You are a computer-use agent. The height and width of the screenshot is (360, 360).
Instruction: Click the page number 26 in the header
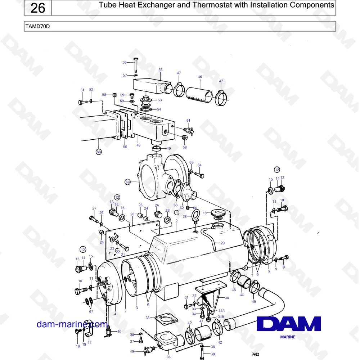[38, 8]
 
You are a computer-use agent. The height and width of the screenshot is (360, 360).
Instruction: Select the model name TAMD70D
[37, 26]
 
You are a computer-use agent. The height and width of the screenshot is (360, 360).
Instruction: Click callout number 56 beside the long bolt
[125, 62]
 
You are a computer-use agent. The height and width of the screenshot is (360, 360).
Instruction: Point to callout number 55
[161, 70]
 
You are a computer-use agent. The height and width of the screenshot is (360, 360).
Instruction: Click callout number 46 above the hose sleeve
[200, 77]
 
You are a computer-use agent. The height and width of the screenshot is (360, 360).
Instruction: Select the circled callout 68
[99, 152]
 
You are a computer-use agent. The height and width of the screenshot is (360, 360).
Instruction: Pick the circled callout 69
[128, 182]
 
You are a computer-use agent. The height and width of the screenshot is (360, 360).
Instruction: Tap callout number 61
[189, 120]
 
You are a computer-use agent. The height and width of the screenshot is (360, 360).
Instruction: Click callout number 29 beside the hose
[222, 243]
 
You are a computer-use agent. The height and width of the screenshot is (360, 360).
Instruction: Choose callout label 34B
[221, 316]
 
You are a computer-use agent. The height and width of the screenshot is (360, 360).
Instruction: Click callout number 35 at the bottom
[168, 357]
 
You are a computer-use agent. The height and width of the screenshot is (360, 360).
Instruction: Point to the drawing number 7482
[256, 354]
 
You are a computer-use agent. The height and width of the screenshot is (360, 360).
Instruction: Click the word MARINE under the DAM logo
[288, 337]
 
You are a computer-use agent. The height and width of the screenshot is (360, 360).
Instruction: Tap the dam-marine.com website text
[72, 324]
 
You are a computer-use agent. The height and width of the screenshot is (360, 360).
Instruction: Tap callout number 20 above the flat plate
[132, 214]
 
